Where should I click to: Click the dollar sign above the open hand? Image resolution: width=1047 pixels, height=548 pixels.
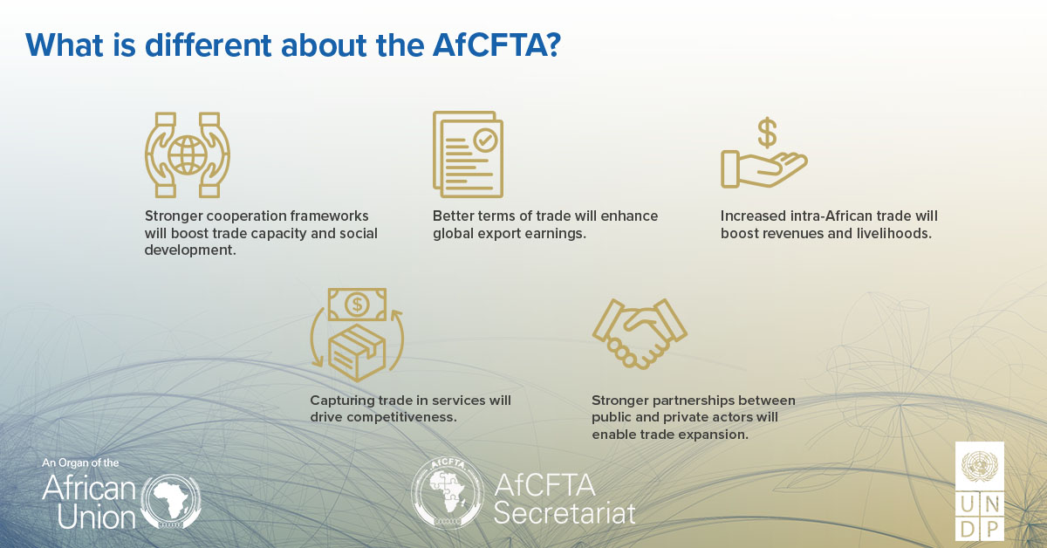767,134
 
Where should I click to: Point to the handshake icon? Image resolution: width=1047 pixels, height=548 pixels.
640,332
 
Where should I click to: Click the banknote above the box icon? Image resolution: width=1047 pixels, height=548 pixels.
356,305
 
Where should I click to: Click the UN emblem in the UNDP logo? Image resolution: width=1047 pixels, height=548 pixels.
980,467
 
